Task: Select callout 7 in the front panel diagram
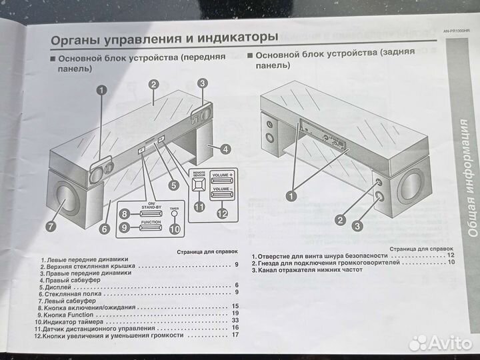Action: tap(51, 228)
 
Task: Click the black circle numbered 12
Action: tap(222, 213)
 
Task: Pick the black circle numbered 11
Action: tap(199, 207)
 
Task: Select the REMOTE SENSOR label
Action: tap(199, 173)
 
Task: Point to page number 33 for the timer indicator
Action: tap(235, 321)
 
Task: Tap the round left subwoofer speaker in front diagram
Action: tap(67, 198)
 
